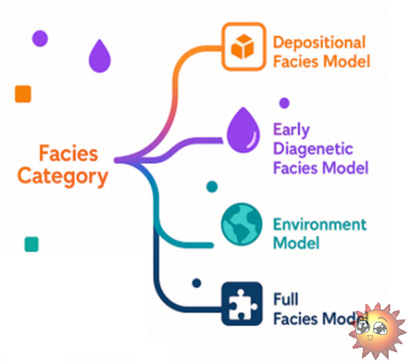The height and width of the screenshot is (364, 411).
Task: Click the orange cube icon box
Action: (x=243, y=46)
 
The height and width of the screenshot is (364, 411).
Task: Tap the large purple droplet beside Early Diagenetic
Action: (x=243, y=130)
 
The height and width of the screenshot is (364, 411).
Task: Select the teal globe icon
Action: (x=242, y=224)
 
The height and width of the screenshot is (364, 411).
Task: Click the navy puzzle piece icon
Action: (x=242, y=304)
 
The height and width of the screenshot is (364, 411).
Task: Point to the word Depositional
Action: (x=319, y=43)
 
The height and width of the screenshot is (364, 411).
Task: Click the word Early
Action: (x=291, y=130)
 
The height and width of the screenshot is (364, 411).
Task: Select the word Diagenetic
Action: (x=313, y=149)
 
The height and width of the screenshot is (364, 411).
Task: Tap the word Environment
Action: (x=320, y=224)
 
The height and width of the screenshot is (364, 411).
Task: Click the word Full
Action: (x=285, y=300)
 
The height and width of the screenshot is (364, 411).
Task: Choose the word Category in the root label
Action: (x=63, y=177)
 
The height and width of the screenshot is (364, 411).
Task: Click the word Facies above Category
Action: (x=69, y=154)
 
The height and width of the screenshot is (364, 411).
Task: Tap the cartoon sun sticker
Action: (x=377, y=331)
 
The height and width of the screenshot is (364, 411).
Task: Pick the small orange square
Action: (x=23, y=94)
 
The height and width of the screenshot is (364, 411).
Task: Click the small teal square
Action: (x=32, y=244)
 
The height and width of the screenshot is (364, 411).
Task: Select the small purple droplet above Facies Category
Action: (x=100, y=56)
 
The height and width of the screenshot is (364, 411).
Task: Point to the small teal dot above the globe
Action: (x=212, y=186)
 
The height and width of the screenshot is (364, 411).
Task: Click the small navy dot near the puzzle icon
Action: (x=197, y=283)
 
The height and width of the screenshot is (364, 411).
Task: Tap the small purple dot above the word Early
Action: (x=285, y=103)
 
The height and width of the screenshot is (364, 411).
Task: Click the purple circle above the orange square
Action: (x=40, y=39)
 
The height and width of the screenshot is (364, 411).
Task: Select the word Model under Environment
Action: (x=296, y=243)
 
